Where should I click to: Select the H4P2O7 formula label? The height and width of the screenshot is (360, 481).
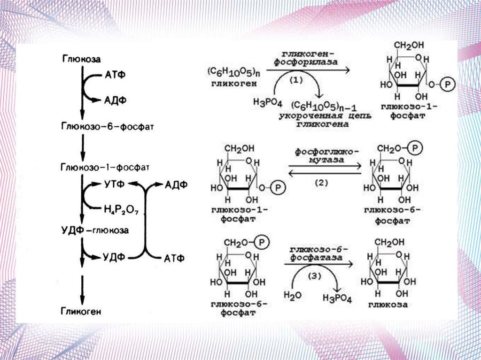pyautogui.click(x=122, y=209)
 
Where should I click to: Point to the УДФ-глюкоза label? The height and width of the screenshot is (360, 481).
pyautogui.click(x=95, y=230)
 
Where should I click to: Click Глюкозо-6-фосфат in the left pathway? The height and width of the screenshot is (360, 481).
pyautogui.click(x=108, y=127)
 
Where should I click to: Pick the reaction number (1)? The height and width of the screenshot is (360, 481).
pyautogui.click(x=295, y=80)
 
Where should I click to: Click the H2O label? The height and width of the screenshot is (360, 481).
pyautogui.click(x=292, y=295)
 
